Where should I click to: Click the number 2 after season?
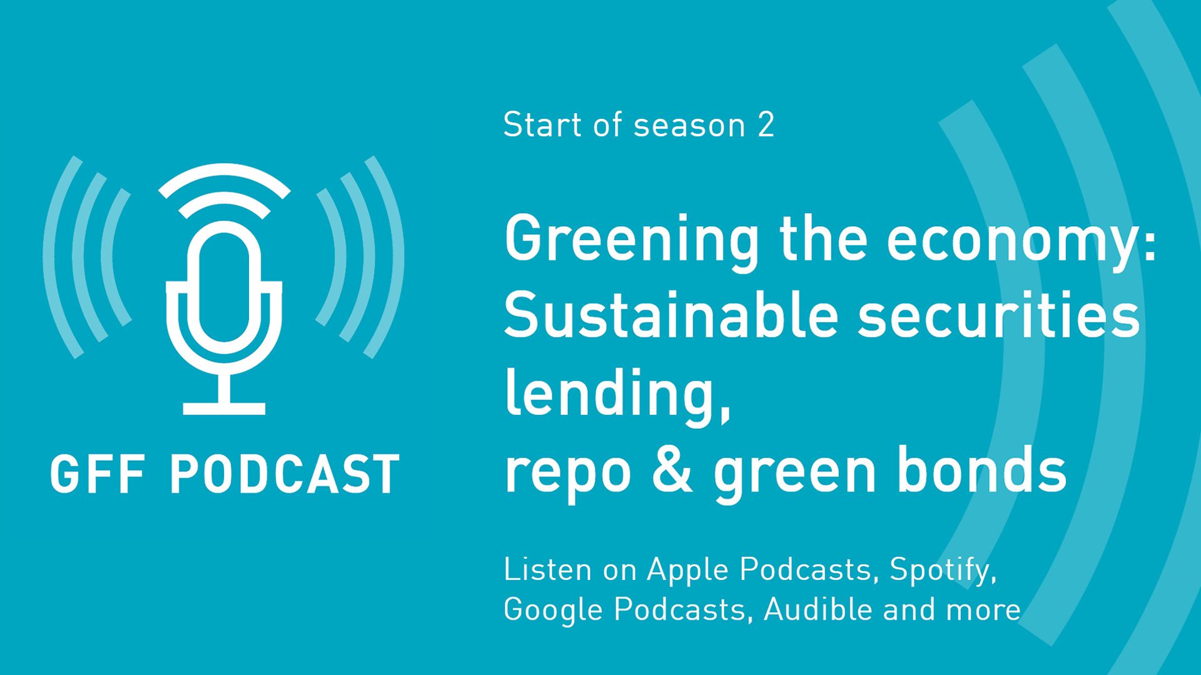click(x=766, y=125)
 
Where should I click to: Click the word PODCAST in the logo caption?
click(x=285, y=474)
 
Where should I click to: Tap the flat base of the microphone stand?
click(x=224, y=409)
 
